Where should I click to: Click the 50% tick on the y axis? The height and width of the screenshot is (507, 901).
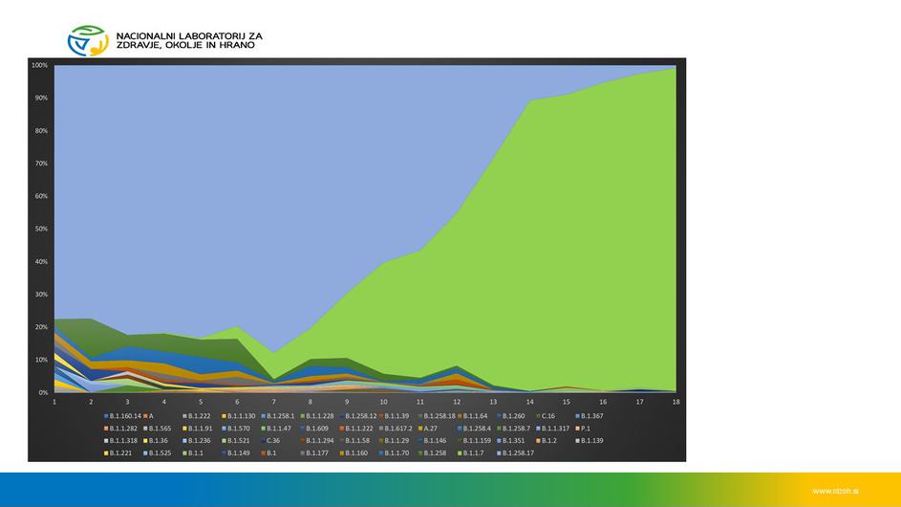(x=41, y=229)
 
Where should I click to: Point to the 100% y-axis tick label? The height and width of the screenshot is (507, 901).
(x=39, y=65)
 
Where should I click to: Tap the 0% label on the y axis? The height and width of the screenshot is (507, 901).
(x=43, y=392)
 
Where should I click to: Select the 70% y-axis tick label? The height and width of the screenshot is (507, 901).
(x=41, y=164)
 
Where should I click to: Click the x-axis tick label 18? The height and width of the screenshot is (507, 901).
(x=676, y=402)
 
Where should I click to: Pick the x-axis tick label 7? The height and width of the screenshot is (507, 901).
(x=273, y=402)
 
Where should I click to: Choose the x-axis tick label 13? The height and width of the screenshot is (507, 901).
(x=493, y=402)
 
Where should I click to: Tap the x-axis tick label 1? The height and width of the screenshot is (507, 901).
(x=54, y=402)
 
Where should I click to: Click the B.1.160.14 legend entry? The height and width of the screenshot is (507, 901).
(x=125, y=416)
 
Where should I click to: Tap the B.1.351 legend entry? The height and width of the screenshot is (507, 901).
(x=514, y=440)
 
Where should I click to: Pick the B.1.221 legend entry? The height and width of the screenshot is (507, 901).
(x=120, y=452)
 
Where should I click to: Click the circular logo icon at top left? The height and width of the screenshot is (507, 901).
(x=87, y=40)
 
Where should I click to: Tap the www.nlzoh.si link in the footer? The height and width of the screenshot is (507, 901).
(x=835, y=490)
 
